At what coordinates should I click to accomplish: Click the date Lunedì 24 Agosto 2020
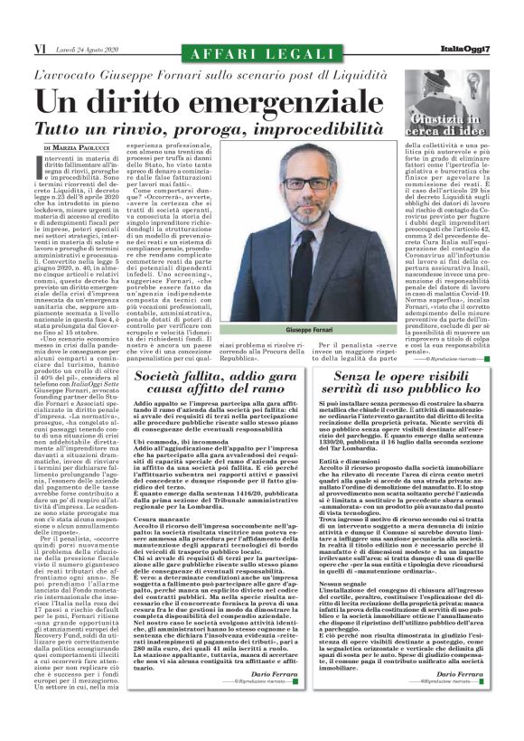pos(85,48)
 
